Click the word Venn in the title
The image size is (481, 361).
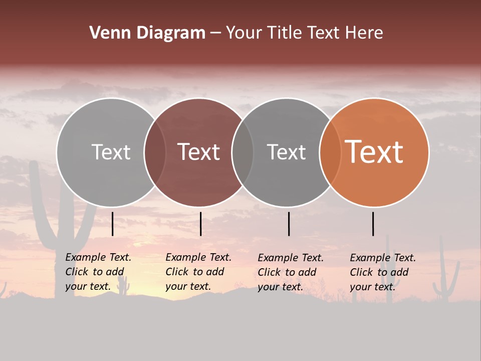(110, 33)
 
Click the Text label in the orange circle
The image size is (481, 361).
(374, 152)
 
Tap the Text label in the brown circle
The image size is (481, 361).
(199, 152)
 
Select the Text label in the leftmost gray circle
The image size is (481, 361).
(111, 152)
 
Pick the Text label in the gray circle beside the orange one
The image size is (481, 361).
(286, 152)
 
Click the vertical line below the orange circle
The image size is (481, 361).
(373, 224)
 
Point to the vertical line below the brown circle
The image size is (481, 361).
(200, 224)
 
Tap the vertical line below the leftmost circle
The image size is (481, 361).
(113, 224)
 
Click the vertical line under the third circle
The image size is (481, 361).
(289, 224)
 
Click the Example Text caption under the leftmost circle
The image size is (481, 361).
(98, 272)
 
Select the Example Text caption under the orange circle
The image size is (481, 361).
(383, 272)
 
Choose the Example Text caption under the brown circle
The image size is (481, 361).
(198, 272)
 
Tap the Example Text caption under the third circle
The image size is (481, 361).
(291, 272)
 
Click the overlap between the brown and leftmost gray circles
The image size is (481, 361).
(155, 152)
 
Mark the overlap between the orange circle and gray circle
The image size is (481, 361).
(330, 152)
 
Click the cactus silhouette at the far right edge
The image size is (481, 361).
(445, 276)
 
